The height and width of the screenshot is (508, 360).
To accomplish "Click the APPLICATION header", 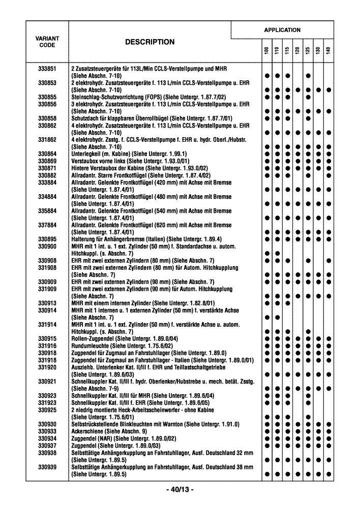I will pos(282,30).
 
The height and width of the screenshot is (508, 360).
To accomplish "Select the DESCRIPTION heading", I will pos(149,42).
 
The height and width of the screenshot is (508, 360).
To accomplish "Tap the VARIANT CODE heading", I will pos(47,42).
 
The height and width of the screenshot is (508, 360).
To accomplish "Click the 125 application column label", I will pos(308,51).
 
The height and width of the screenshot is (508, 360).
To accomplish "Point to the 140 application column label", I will pos(329,51).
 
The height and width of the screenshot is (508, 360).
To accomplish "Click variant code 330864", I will pos(47,154).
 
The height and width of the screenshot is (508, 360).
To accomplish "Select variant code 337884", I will pos(47,225).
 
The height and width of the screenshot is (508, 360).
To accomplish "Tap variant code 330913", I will pos(47,303).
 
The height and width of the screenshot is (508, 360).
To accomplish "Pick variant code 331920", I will pos(47,367).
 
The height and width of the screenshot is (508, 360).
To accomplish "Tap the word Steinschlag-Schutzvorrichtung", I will pos(106,97).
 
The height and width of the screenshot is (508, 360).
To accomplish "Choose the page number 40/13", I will pos(179,490).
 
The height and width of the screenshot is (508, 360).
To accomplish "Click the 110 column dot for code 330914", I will pos(277,317).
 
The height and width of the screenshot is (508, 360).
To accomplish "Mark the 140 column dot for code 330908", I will pos(329,261).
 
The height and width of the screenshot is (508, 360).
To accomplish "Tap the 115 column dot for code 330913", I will pos(287,303).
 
